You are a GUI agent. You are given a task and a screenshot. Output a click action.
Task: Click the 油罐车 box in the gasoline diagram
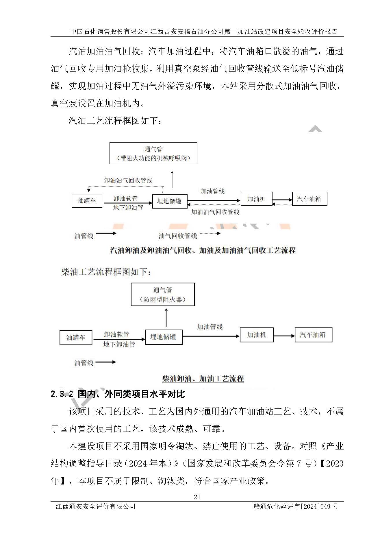click(x=87, y=201)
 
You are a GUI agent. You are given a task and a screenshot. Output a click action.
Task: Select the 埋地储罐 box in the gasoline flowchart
click(x=170, y=201)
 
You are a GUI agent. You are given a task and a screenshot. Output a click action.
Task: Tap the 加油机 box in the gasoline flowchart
click(x=256, y=199)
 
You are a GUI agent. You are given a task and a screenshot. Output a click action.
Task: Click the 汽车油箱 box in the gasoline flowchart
click(x=309, y=199)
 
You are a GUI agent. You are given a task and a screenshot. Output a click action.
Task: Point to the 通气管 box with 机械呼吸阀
click(x=153, y=153)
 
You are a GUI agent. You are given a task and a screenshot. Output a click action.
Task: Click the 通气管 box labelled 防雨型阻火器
click(x=163, y=294)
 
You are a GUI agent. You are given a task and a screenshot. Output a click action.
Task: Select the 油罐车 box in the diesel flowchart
click(x=76, y=338)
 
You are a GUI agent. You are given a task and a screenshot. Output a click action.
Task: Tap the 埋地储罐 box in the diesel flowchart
click(x=164, y=337)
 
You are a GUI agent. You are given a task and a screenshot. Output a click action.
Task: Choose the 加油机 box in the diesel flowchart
click(x=257, y=335)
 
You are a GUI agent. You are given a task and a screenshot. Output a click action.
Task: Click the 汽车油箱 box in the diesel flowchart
click(x=313, y=335)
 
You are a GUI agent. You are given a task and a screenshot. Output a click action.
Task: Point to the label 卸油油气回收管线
click(x=128, y=180)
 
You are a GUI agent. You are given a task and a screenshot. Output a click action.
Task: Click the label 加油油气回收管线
click(x=215, y=212)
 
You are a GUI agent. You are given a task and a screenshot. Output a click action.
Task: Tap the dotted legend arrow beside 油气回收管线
click(x=210, y=233)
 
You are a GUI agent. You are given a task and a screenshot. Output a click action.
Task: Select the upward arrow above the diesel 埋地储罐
click(x=166, y=318)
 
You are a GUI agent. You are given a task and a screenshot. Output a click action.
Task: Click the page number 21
click(x=197, y=497)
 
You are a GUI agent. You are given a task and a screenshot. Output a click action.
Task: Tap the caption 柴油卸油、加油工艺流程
click(x=203, y=379)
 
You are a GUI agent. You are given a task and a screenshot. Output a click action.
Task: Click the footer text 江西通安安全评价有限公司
click(x=95, y=506)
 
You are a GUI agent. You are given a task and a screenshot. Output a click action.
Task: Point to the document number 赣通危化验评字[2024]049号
click(x=296, y=506)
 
